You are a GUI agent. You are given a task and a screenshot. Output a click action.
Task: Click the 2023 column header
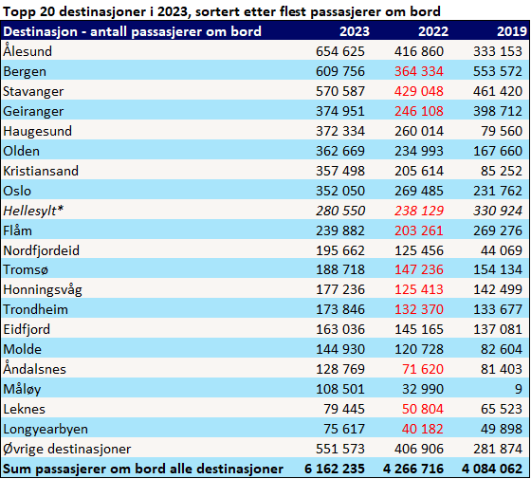pyautogui.click(x=355, y=31)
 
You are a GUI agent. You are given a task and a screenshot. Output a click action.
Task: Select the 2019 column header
pyautogui.click(x=512, y=31)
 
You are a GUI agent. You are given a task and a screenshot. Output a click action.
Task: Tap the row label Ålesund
pyautogui.click(x=27, y=51)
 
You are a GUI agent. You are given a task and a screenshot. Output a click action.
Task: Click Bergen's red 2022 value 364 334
pyautogui.click(x=419, y=71)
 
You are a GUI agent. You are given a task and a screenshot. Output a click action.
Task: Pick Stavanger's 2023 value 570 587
pyautogui.click(x=340, y=91)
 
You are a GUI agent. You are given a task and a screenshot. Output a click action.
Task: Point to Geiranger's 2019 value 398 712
pyautogui.click(x=498, y=111)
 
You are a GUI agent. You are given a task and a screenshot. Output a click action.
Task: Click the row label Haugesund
pyautogui.click(x=37, y=131)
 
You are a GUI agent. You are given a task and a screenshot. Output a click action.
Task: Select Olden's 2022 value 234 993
pyautogui.click(x=419, y=151)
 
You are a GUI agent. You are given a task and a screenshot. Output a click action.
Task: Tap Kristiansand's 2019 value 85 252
pyautogui.click(x=502, y=171)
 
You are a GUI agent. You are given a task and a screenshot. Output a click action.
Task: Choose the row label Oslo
pyautogui.click(x=17, y=191)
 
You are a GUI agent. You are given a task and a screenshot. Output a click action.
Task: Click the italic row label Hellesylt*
pyautogui.click(x=33, y=211)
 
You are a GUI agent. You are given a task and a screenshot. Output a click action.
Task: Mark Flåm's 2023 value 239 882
pyautogui.click(x=340, y=230)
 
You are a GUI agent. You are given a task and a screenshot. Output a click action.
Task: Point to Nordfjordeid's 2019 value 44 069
pyautogui.click(x=502, y=250)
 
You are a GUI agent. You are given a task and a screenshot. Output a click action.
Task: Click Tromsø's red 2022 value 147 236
pyautogui.click(x=419, y=269)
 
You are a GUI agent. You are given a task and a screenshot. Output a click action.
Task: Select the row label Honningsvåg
pyautogui.click(x=43, y=290)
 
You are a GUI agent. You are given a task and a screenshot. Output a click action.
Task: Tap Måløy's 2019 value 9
pyautogui.click(x=519, y=389)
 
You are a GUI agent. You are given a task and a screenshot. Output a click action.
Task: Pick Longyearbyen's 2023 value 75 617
pyautogui.click(x=344, y=429)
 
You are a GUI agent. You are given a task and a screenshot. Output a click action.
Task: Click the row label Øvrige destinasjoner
pyautogui.click(x=67, y=449)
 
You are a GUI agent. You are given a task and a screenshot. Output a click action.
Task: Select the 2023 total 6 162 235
pyautogui.click(x=335, y=469)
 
